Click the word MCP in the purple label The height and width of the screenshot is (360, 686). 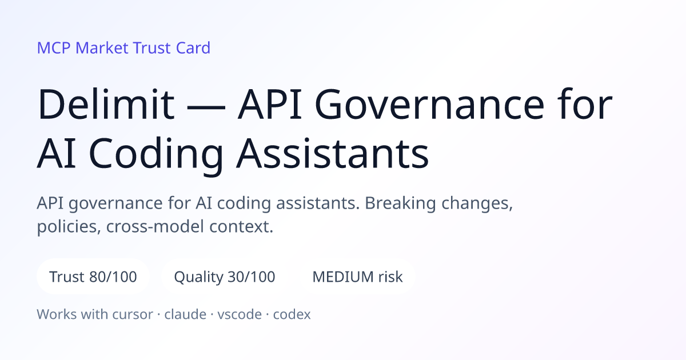(54, 48)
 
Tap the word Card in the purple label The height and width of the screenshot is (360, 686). (193, 48)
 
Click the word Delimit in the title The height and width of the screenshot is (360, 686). (106, 104)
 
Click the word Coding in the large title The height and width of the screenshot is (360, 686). (156, 154)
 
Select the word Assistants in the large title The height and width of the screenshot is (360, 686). (332, 153)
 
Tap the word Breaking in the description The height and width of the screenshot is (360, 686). (400, 203)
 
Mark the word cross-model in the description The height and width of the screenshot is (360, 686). (155, 227)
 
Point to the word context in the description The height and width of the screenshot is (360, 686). (241, 227)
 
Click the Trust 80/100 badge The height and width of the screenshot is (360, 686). (93, 277)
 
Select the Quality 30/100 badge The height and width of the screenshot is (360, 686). (225, 277)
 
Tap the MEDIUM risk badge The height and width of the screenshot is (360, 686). (357, 277)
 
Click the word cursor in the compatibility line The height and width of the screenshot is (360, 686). (133, 314)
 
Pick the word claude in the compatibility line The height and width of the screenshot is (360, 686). (185, 314)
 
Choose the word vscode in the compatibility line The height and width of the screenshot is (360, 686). (240, 314)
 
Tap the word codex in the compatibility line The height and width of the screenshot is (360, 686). (292, 314)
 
